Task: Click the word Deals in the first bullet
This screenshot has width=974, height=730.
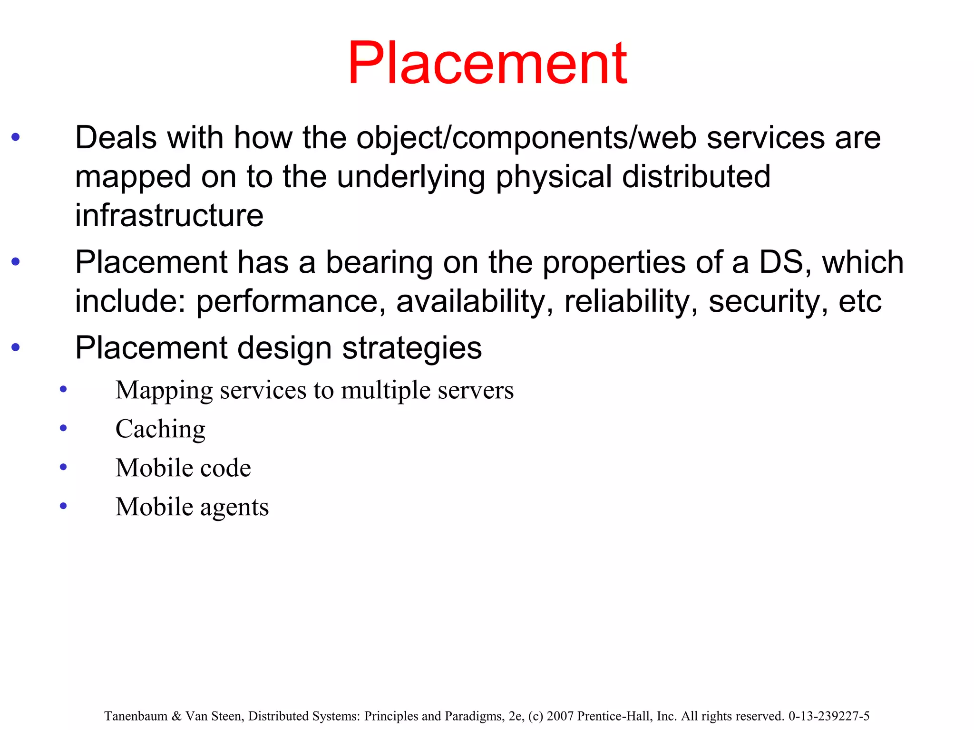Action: tap(116, 138)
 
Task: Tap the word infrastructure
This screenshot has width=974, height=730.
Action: tap(169, 215)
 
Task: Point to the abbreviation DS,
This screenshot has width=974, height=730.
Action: tap(785, 262)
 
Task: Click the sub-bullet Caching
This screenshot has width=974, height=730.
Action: tap(160, 429)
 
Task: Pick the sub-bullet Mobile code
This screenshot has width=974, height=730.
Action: tap(183, 468)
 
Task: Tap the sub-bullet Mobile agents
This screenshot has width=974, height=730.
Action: tap(192, 507)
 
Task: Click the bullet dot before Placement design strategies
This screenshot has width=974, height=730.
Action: tap(16, 347)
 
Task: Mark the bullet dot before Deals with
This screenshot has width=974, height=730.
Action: tap(16, 138)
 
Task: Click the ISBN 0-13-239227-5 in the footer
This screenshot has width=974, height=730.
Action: tap(828, 716)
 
